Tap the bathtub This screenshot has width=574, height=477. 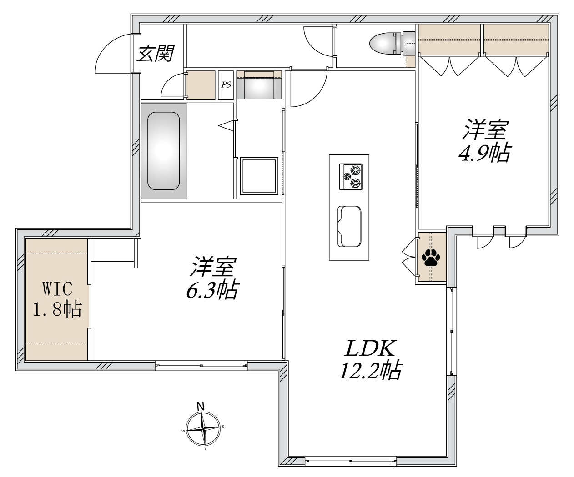163,151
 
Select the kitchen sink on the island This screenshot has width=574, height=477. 349,226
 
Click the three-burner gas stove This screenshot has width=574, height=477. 351,177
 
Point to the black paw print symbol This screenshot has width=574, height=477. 431,258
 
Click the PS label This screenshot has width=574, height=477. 226,85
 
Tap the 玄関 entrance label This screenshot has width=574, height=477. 155,54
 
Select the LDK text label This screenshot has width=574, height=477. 370,349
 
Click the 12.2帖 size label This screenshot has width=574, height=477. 371,371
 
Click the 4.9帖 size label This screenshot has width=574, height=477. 485,152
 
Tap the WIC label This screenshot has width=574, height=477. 57,288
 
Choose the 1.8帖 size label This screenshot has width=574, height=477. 57,309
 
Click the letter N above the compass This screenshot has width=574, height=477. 201,406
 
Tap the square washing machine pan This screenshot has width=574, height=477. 259,176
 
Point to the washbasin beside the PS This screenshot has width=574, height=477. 259,85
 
